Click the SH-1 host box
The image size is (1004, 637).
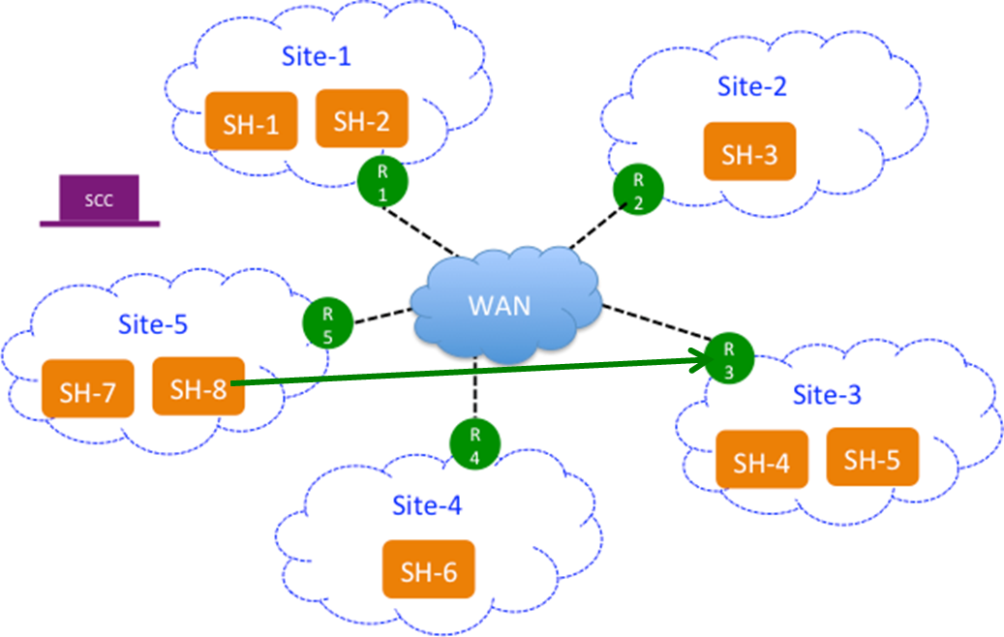[x=250, y=122]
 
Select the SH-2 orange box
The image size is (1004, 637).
[x=361, y=120]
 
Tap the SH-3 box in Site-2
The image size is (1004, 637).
[x=749, y=152]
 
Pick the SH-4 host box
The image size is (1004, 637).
[x=761, y=461]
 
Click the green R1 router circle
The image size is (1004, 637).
[x=382, y=181]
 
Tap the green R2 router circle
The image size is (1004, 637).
[x=638, y=189]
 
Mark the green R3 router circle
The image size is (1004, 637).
[x=729, y=358]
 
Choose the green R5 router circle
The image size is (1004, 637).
[x=327, y=323]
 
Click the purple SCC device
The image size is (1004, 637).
[x=99, y=201]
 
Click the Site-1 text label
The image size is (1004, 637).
[x=316, y=56]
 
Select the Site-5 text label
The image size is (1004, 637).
[x=152, y=323]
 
